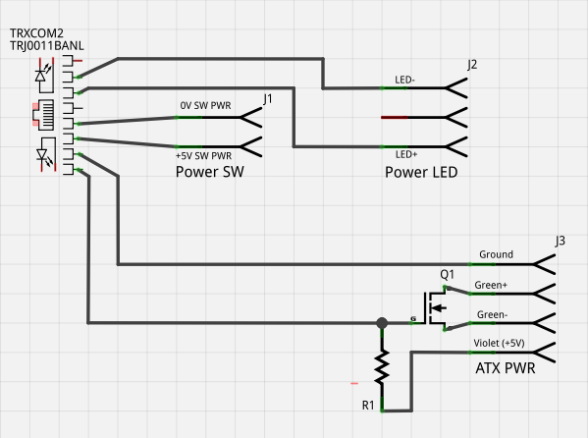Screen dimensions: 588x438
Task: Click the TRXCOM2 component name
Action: (36, 33)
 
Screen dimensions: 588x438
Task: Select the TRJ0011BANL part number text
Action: (47, 45)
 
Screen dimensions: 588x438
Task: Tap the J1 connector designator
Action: (267, 99)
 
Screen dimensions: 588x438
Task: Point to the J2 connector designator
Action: (472, 65)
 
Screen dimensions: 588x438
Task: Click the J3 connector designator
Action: (560, 241)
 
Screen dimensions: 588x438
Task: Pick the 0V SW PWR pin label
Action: (205, 105)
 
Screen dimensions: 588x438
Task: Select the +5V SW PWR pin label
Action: (203, 155)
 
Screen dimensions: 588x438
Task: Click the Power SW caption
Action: (210, 172)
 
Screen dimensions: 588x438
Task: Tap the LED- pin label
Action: (404, 80)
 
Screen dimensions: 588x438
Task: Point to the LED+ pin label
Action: (406, 154)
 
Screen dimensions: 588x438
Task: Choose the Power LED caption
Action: (421, 172)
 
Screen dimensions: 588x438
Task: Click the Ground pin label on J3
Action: (496, 254)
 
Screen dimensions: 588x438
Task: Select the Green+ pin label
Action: (491, 285)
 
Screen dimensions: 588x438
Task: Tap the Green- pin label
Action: (492, 314)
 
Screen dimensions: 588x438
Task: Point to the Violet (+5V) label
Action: (499, 343)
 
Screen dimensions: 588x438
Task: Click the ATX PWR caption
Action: (506, 368)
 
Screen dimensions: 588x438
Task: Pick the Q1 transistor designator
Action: (447, 275)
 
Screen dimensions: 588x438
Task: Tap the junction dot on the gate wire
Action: (382, 323)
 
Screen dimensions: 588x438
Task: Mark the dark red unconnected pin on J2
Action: (394, 118)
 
